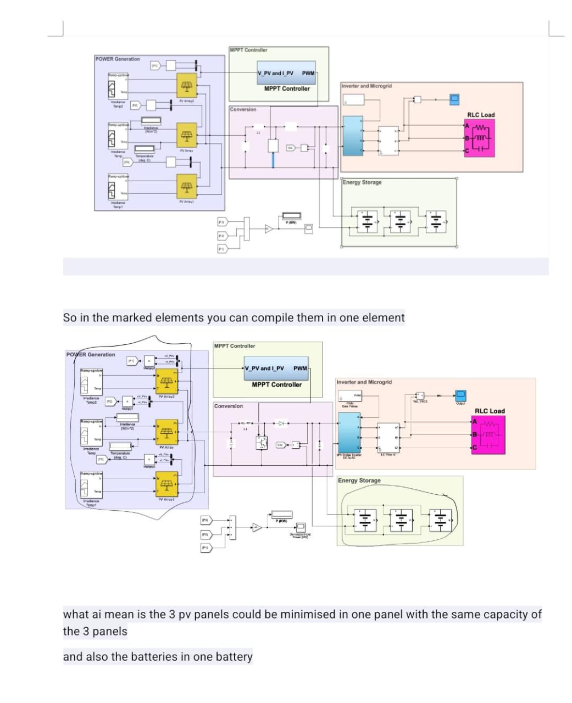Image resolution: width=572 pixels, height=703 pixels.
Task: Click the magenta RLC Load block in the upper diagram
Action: (480, 138)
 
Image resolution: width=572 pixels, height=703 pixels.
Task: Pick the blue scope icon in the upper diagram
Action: (454, 99)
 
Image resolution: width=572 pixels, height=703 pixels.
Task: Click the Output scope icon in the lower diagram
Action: (460, 395)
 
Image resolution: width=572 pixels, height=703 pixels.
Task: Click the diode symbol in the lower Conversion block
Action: (281, 423)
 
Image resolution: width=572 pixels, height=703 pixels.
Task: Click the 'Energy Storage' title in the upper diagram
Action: (362, 182)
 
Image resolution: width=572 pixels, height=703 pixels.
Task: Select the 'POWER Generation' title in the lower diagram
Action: (91, 354)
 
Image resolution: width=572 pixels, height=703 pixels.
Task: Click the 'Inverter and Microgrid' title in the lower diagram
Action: (364, 382)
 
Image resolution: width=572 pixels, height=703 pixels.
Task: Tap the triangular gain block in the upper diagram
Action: (269, 228)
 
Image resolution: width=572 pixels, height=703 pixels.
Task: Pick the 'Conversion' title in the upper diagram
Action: (243, 109)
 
